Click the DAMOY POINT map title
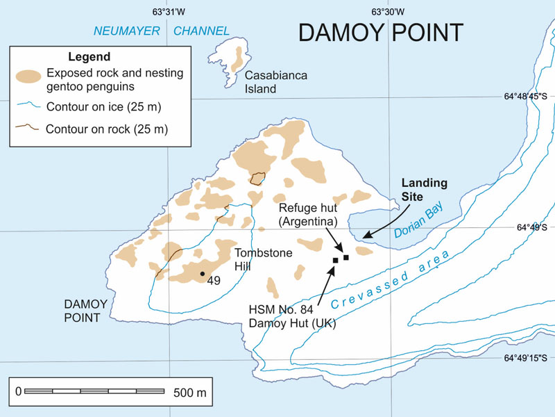click(x=380, y=33)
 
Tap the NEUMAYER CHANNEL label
click(x=162, y=31)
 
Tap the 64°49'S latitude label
click(x=532, y=227)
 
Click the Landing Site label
click(x=425, y=190)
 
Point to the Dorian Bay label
click(x=418, y=223)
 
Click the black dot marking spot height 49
click(x=202, y=274)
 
